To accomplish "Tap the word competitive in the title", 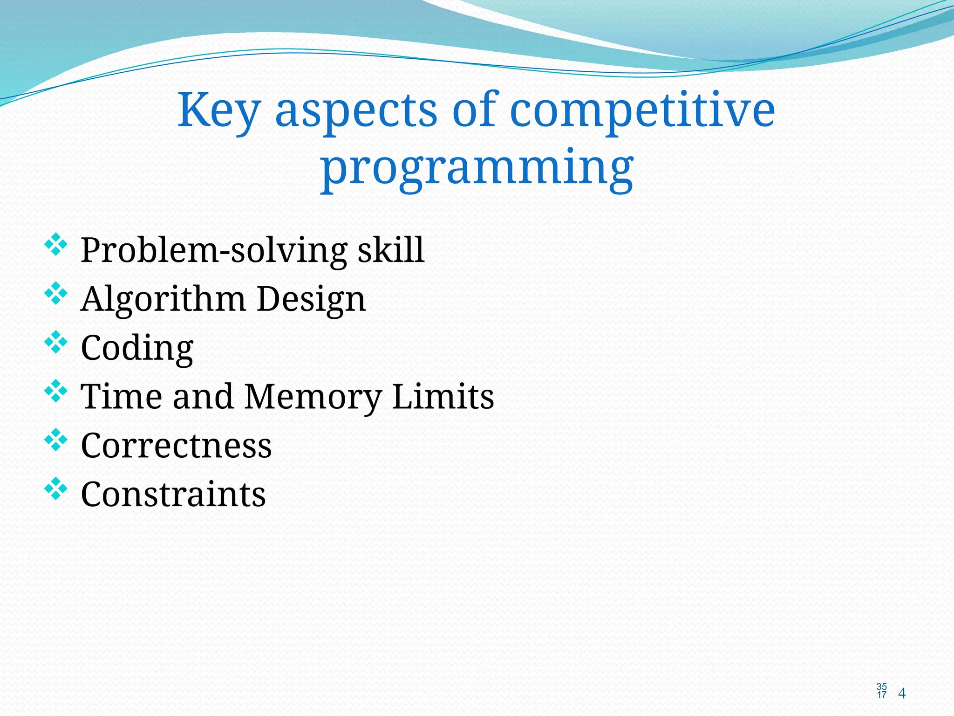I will point(642,111).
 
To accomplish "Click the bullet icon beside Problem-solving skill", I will point(55,244).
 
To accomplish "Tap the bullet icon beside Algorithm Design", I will point(55,293).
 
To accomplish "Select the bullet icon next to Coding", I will point(55,342).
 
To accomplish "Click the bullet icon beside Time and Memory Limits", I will point(55,391).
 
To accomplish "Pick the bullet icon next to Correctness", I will point(55,440).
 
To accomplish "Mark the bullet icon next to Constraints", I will point(55,489).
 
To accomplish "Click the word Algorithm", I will point(163,299).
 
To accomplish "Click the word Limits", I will point(443,397).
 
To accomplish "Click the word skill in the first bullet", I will point(391,250).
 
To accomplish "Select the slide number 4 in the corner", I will point(902,694).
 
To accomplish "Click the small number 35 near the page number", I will point(881,687).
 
